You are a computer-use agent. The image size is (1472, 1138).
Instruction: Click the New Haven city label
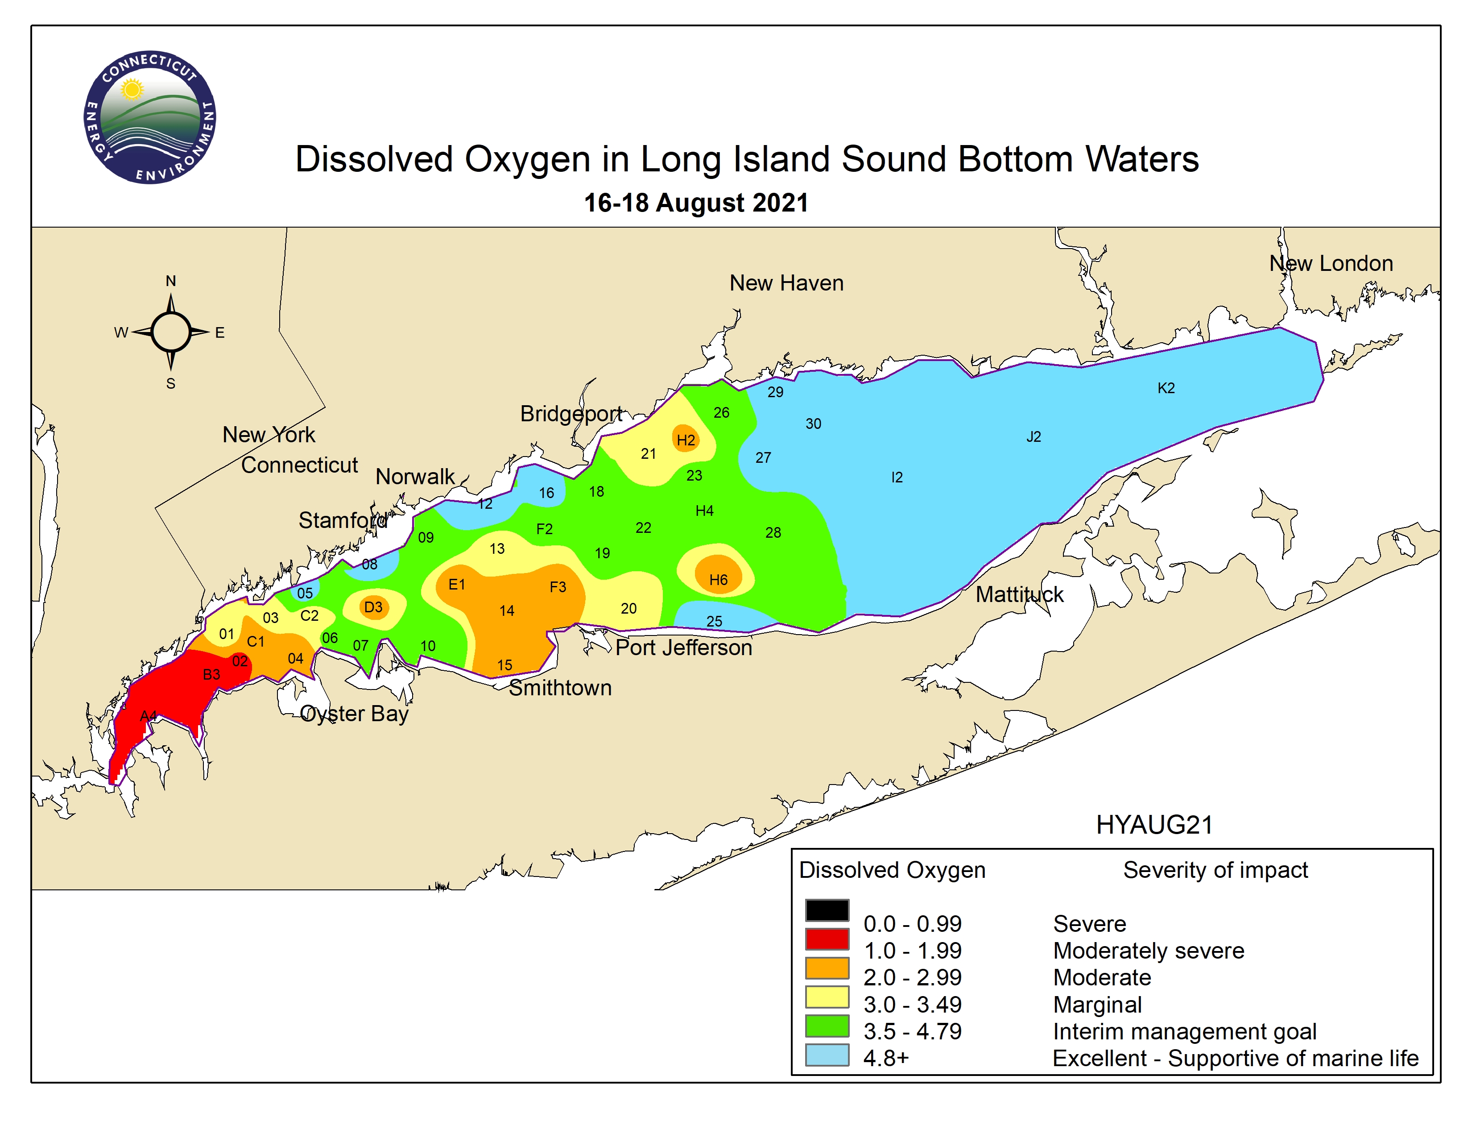(x=786, y=283)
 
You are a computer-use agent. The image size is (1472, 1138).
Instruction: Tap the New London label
(x=1331, y=264)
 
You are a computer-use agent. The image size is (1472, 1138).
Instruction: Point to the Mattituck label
(x=1019, y=594)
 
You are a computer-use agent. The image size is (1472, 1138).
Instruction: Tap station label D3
(x=373, y=607)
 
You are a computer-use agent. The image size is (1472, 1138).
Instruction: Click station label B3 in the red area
(x=211, y=674)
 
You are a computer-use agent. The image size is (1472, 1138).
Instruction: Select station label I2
(x=897, y=478)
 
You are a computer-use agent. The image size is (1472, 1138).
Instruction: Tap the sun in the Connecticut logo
(x=132, y=89)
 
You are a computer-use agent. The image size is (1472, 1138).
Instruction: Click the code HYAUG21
(x=1154, y=825)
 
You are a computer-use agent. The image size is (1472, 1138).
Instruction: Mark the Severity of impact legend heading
(x=1215, y=870)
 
